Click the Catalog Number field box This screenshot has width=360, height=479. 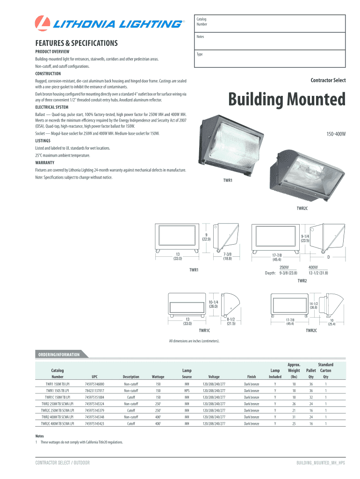(270, 22)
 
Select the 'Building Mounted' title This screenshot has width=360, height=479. (287, 99)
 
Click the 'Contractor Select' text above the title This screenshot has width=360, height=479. (328, 80)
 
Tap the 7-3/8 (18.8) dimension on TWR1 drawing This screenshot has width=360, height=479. (227, 256)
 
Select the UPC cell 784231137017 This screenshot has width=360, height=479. (95, 390)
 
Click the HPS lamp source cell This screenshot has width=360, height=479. (187, 390)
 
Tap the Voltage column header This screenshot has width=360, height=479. (214, 377)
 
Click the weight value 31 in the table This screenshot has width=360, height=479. (294, 417)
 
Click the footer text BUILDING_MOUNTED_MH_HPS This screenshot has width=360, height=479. (320, 463)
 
